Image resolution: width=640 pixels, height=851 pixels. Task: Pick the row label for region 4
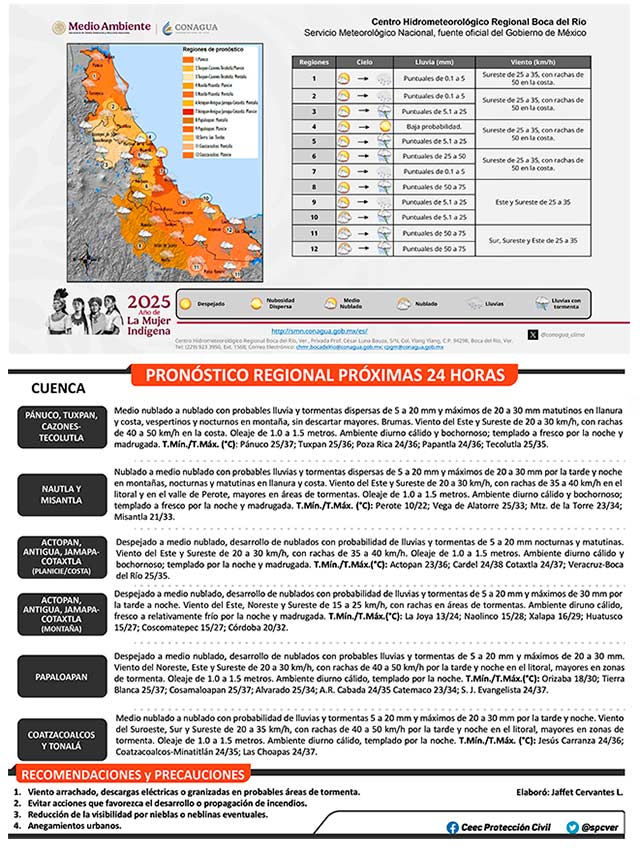tap(314, 128)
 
